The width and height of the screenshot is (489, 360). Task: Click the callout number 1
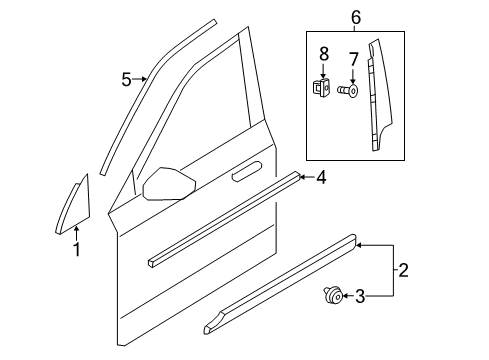[x=76, y=250]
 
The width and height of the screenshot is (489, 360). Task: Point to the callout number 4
[x=321, y=178]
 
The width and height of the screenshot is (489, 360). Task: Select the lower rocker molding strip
[x=280, y=301]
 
